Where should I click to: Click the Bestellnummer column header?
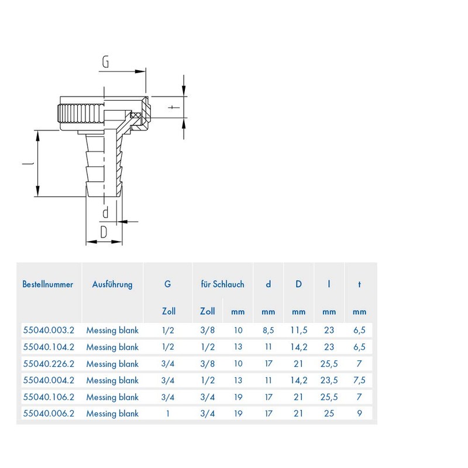click(47, 285)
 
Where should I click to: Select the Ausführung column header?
click(112, 285)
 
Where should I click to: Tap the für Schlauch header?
click(222, 285)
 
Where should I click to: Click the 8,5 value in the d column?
click(269, 330)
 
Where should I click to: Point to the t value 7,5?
click(359, 380)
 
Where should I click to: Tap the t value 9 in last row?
click(359, 414)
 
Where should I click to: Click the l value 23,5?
click(329, 380)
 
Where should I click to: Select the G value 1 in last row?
click(168, 414)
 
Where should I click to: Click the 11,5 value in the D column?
click(298, 330)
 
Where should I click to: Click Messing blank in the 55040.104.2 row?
click(112, 347)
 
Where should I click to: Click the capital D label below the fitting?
click(104, 232)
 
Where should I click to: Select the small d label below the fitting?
click(105, 211)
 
